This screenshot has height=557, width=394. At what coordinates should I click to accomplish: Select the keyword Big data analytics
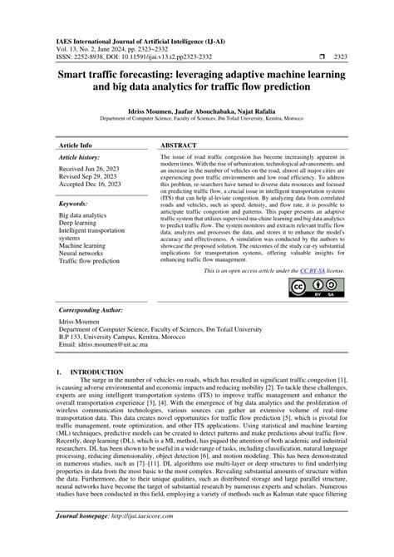pyautogui.click(x=83, y=215)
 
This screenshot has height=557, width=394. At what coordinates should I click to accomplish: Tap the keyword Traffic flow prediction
pyautogui.click(x=89, y=261)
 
